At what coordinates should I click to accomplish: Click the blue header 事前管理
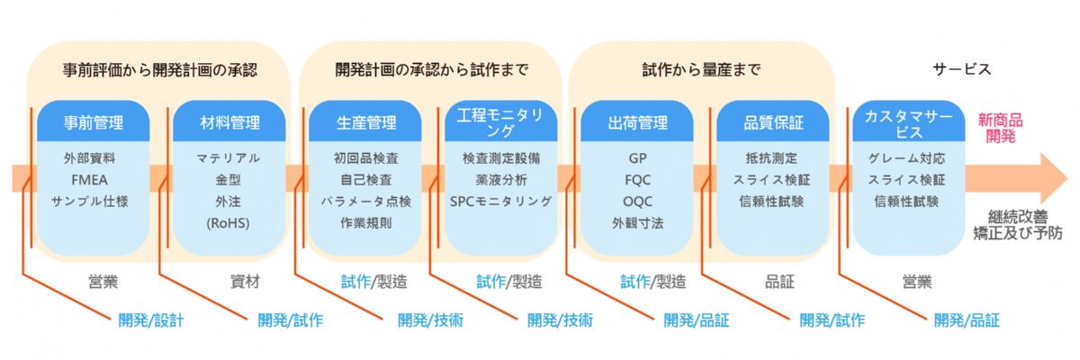[94, 122]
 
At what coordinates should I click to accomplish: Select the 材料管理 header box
[229, 122]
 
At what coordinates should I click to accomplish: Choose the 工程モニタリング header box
[500, 122]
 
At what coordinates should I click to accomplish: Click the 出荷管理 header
[636, 122]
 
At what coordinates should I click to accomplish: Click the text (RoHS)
[228, 222]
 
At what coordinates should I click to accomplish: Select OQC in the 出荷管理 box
[637, 201]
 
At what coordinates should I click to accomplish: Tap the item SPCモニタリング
[500, 201]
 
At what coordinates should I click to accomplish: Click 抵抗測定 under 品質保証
[771, 157]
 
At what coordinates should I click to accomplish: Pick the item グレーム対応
[906, 157]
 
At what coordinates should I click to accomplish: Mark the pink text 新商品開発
[1000, 127]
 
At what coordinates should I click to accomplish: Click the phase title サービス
[961, 68]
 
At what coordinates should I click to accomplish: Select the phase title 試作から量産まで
[701, 68]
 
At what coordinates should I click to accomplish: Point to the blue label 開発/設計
[150, 319]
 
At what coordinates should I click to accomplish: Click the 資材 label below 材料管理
[245, 282]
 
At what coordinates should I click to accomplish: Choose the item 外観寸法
[637, 222]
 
